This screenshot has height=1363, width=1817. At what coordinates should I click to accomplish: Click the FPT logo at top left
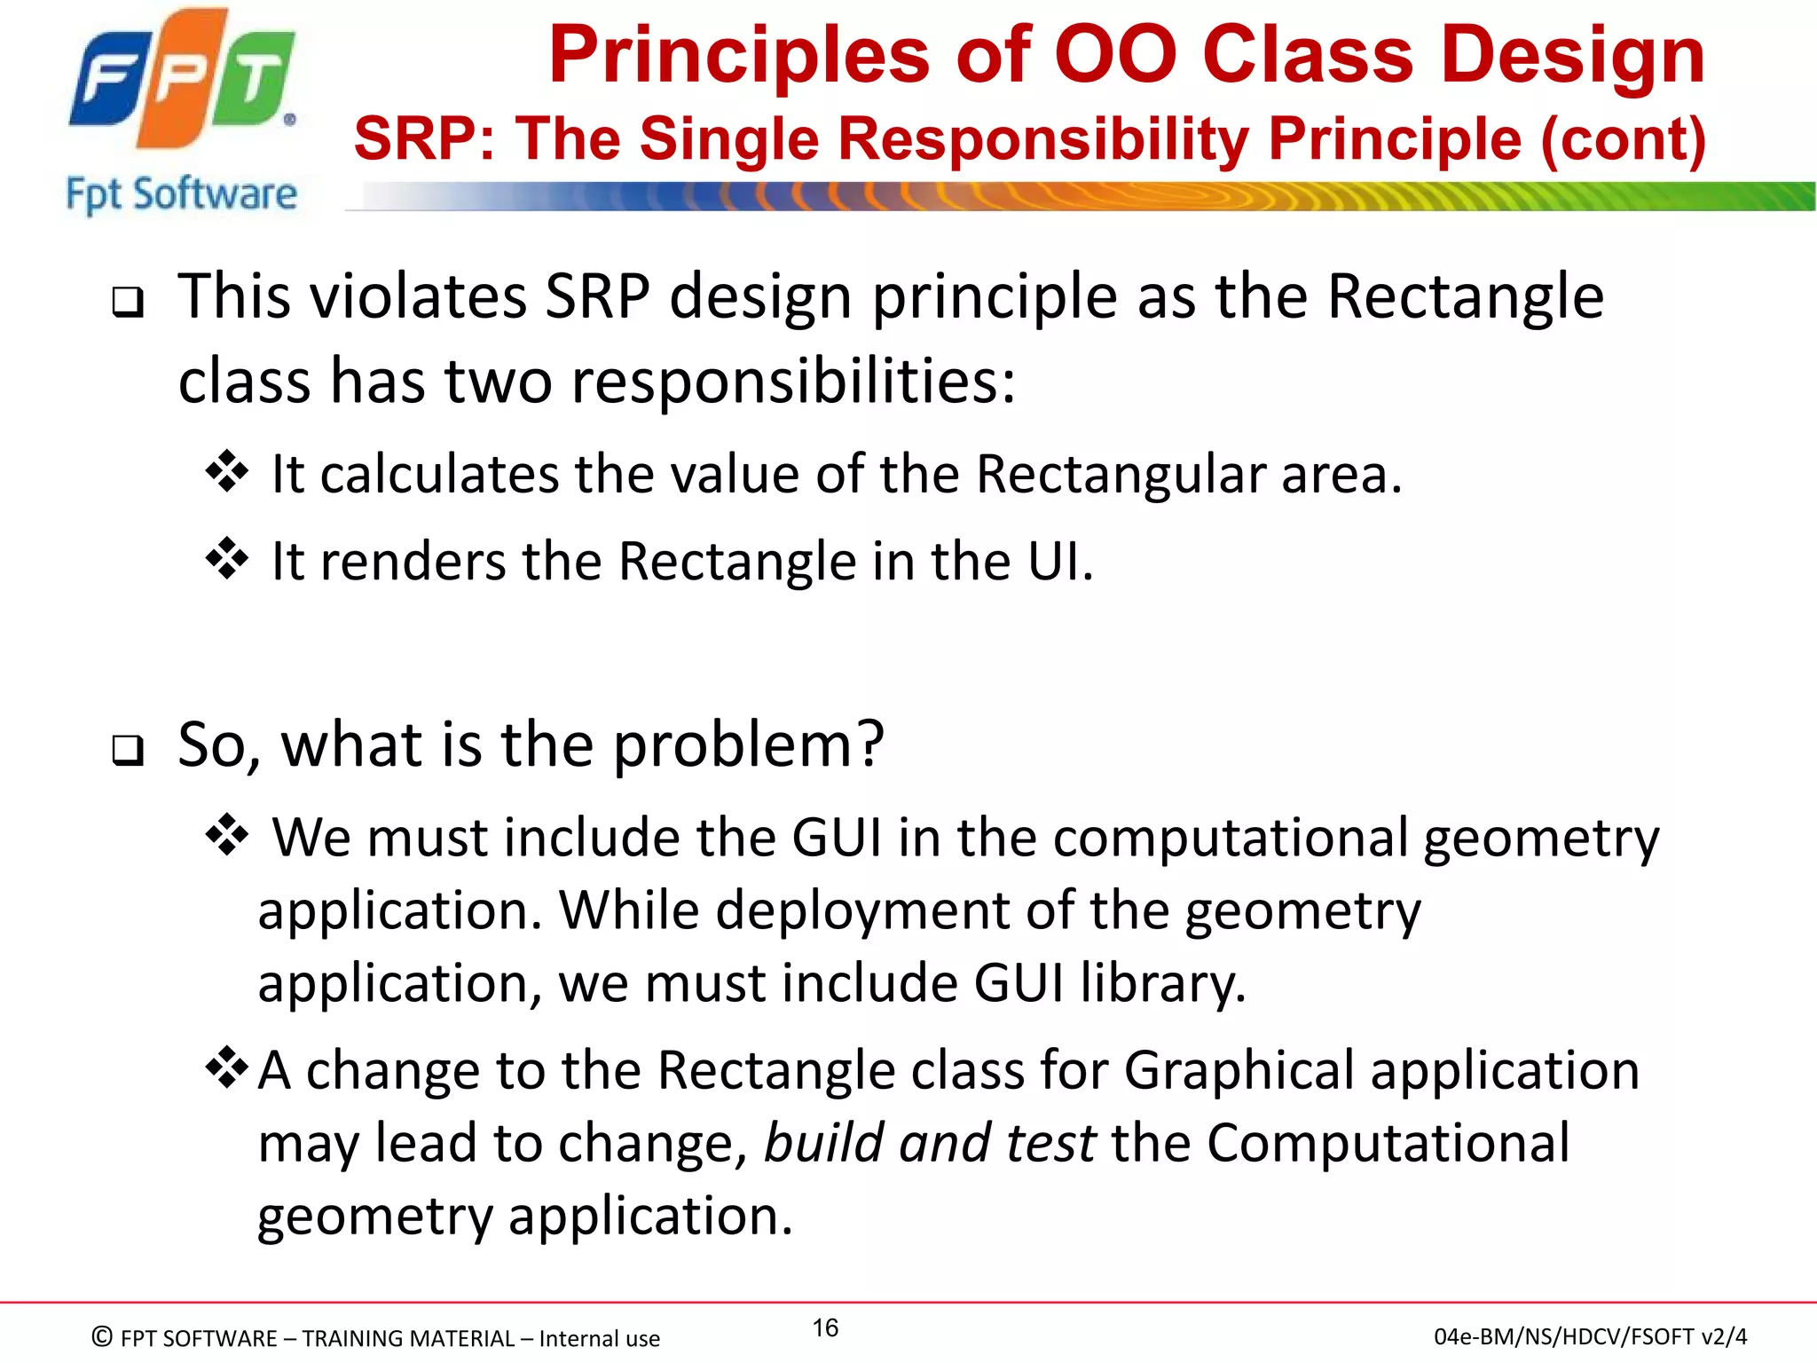point(182,80)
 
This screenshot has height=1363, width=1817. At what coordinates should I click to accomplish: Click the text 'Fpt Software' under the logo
point(182,194)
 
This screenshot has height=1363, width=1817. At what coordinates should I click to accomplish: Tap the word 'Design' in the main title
point(1571,55)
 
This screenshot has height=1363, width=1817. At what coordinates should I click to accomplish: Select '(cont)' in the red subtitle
point(1623,139)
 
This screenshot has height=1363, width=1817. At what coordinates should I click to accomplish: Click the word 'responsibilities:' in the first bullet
point(793,381)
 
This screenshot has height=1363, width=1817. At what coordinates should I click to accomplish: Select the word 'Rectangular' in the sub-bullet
point(1120,474)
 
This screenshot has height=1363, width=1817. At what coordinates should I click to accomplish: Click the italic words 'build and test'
point(930,1143)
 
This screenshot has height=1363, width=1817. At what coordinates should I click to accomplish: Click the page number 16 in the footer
point(825,1328)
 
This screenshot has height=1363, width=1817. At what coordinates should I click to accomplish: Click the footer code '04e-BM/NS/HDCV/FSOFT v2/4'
point(1590,1336)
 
